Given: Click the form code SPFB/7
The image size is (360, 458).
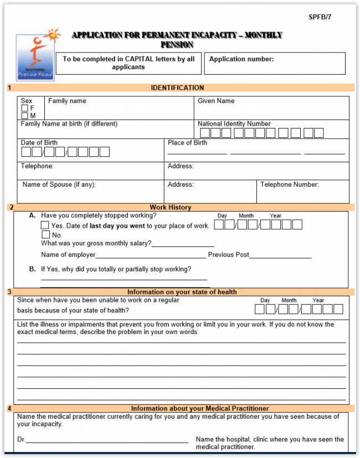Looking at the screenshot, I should pyautogui.click(x=320, y=17).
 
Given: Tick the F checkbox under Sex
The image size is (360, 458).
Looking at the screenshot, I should pyautogui.click(x=24, y=109).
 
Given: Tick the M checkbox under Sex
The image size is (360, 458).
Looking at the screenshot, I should pyautogui.click(x=24, y=116).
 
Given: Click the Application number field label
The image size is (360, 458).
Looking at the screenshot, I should pyautogui.click(x=241, y=59).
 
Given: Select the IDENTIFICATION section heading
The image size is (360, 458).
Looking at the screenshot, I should pyautogui.click(x=177, y=88).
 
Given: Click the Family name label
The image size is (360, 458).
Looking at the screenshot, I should pyautogui.click(x=67, y=101).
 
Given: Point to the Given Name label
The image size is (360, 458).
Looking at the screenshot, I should pyautogui.click(x=216, y=101).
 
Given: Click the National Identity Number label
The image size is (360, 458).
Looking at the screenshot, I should pyautogui.click(x=234, y=124).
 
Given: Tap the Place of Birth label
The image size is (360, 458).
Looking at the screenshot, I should pyautogui.click(x=187, y=143).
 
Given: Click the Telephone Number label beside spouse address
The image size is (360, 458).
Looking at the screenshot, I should pyautogui.click(x=290, y=185).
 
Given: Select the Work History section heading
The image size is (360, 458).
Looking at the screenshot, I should pyautogui.click(x=170, y=208).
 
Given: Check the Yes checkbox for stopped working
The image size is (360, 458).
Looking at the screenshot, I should pyautogui.click(x=45, y=225).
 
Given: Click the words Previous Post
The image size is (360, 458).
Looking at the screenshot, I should pyautogui.click(x=228, y=255).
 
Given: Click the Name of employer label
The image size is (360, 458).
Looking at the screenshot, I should pyautogui.click(x=68, y=255).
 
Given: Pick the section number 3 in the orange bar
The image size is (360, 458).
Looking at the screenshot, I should pyautogui.click(x=9, y=292).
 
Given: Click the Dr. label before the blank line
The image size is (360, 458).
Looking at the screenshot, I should pyautogui.click(x=21, y=440).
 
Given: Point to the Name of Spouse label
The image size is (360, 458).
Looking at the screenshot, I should pyautogui.click(x=59, y=185).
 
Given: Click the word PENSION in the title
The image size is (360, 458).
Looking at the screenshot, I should pyautogui.click(x=177, y=44).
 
